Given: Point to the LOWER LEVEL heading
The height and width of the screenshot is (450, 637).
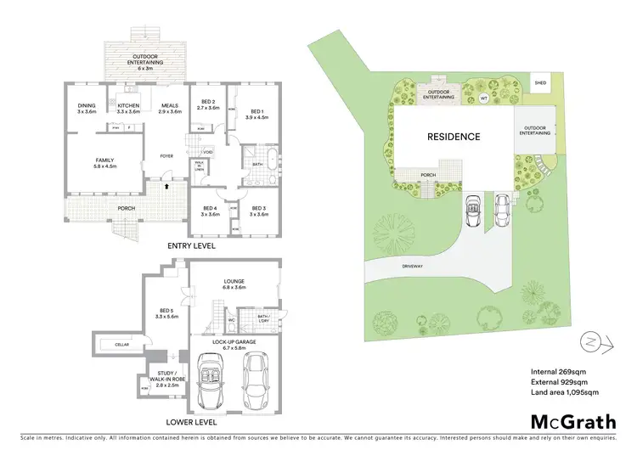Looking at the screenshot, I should (193, 421).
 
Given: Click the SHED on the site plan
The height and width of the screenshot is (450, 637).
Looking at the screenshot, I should (540, 82).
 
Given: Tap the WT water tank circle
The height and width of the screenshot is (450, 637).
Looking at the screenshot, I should (483, 98).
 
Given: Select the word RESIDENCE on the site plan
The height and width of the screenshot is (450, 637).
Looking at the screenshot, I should (453, 137).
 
